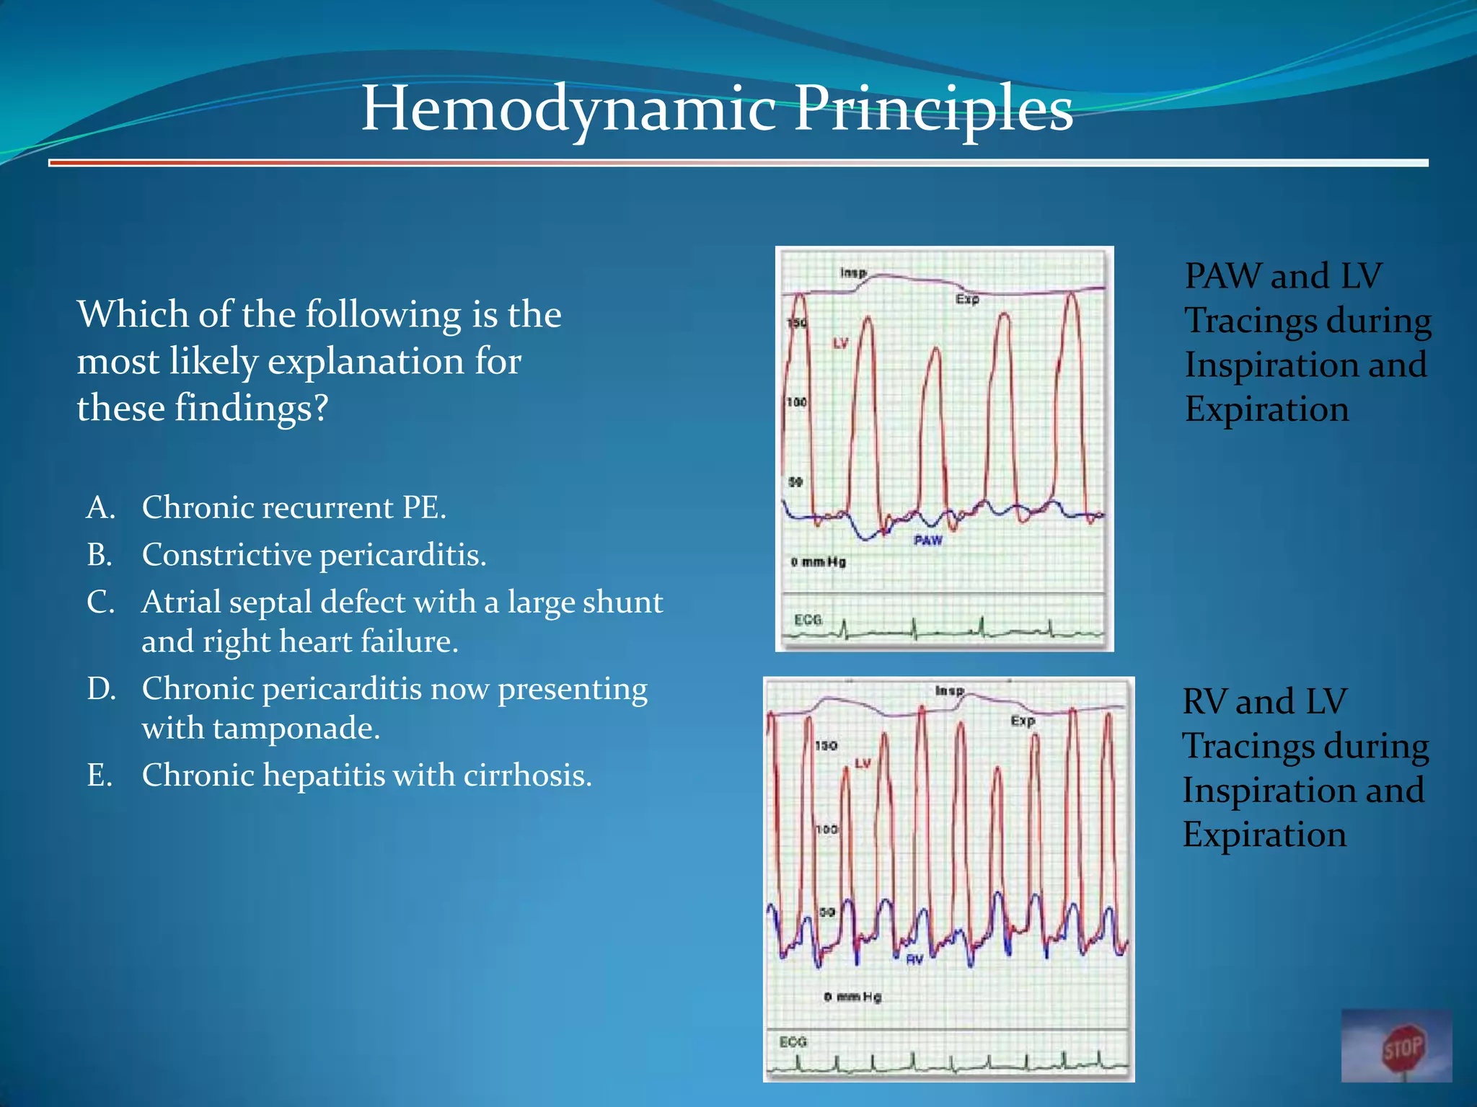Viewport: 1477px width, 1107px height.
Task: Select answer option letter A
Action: (x=100, y=508)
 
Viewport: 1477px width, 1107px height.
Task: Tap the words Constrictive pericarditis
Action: (x=314, y=555)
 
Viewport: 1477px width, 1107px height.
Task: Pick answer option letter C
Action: (x=100, y=603)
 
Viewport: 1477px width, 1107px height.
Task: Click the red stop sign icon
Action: (x=1403, y=1047)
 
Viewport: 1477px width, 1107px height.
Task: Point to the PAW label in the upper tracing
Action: (x=927, y=540)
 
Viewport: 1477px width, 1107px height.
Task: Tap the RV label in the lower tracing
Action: (x=914, y=959)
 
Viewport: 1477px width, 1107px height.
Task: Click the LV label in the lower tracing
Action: (x=863, y=763)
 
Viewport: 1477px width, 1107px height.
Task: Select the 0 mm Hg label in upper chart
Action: (x=818, y=561)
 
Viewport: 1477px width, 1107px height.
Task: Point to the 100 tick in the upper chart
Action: (x=796, y=402)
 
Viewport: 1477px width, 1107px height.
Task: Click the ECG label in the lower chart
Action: (x=793, y=1041)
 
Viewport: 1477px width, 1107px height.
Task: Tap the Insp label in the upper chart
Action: (x=853, y=272)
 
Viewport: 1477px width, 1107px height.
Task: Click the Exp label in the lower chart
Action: (x=1023, y=720)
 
